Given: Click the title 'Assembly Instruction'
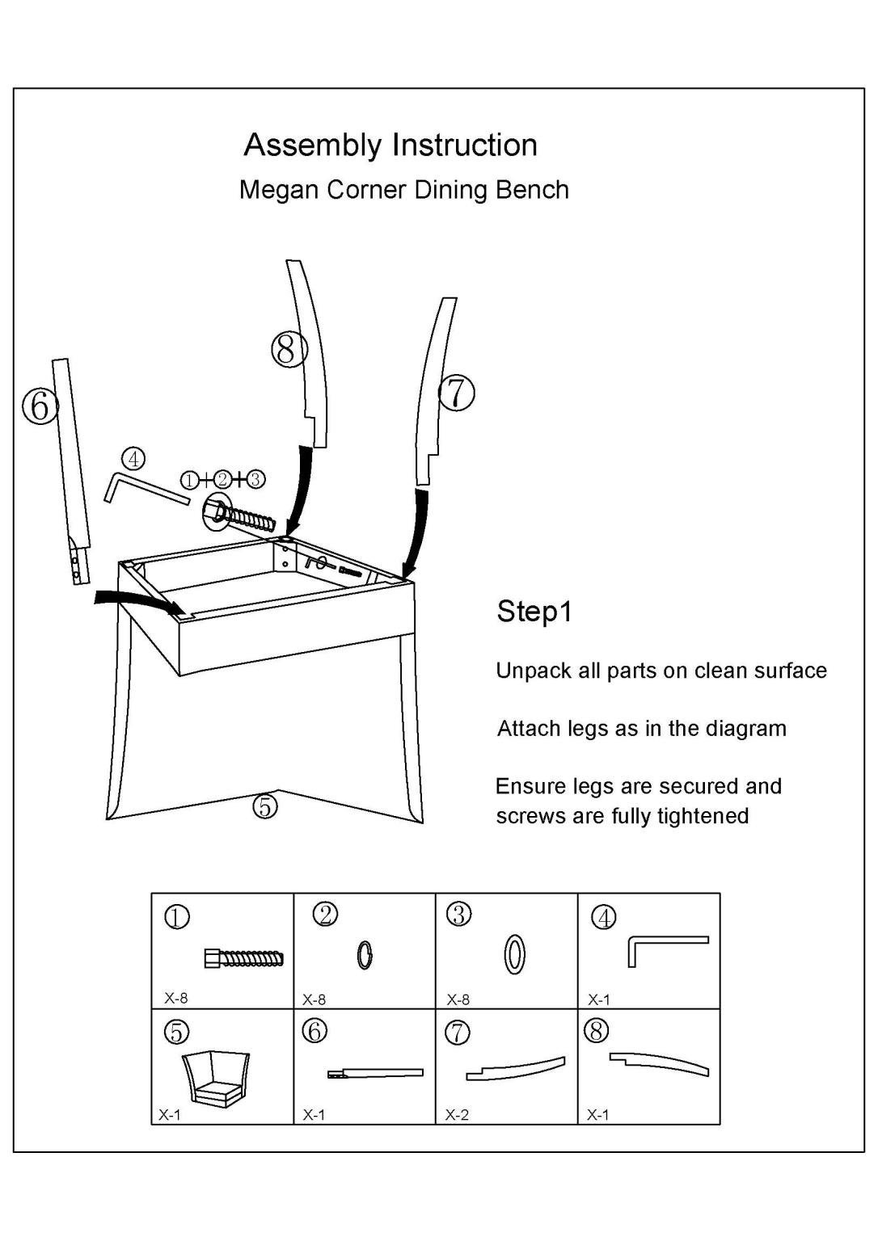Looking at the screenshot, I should tap(390, 145).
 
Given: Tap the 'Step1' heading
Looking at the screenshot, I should tap(534, 612).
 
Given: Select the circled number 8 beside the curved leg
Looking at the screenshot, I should tap(289, 349).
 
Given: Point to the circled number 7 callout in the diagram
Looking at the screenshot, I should tap(457, 393).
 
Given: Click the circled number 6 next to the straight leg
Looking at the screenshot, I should tap(40, 406).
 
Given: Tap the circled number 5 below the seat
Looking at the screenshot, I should tap(264, 806).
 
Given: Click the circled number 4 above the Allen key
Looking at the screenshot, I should tap(133, 459).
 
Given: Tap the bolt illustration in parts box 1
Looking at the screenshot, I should tap(244, 958).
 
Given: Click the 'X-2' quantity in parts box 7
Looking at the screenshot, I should tap(457, 1115).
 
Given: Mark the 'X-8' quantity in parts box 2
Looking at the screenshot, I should tap(314, 999).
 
